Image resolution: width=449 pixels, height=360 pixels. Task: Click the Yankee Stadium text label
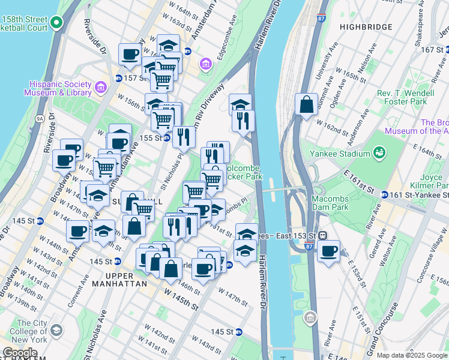(338, 153)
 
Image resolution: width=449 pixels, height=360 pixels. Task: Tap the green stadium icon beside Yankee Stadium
(379, 153)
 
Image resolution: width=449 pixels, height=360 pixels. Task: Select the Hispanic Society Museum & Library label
(58, 88)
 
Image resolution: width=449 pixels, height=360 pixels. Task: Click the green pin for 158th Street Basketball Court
(56, 23)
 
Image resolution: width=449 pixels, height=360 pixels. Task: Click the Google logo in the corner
(20, 353)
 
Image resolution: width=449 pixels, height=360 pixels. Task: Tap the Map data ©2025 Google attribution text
(412, 355)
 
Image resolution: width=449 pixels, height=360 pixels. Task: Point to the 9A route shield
(40, 119)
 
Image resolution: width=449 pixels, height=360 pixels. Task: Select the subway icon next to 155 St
(168, 137)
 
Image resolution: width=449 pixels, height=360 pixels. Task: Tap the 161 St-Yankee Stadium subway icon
(384, 194)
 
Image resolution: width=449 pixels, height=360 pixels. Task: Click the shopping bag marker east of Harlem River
(306, 104)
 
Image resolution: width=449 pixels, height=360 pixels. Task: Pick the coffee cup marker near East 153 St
(328, 251)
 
